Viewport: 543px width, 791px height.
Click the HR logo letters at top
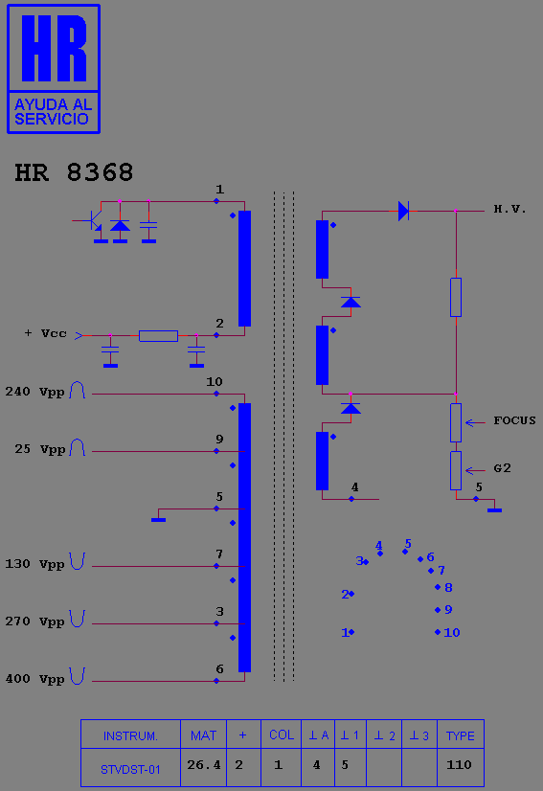[54, 48]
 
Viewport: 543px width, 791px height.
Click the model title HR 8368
[74, 172]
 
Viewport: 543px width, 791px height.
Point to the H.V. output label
[509, 209]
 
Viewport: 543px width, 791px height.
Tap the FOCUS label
[514, 420]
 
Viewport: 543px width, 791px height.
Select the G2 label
[502, 468]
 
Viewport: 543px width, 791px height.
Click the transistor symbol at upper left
[94, 220]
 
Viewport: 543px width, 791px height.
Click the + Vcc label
[45, 333]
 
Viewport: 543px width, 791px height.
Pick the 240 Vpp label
[34, 392]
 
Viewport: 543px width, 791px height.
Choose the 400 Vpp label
[34, 679]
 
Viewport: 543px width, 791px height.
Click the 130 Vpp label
[34, 564]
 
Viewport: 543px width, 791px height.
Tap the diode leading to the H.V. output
[403, 211]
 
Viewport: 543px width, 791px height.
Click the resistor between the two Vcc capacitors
[158, 335]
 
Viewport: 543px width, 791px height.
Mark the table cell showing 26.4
[204, 765]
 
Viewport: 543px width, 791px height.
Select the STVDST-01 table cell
[130, 769]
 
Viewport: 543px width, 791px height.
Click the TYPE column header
[461, 736]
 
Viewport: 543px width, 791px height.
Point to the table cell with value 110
[460, 765]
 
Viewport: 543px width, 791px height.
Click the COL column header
[282, 735]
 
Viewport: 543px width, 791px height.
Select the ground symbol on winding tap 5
[158, 520]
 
